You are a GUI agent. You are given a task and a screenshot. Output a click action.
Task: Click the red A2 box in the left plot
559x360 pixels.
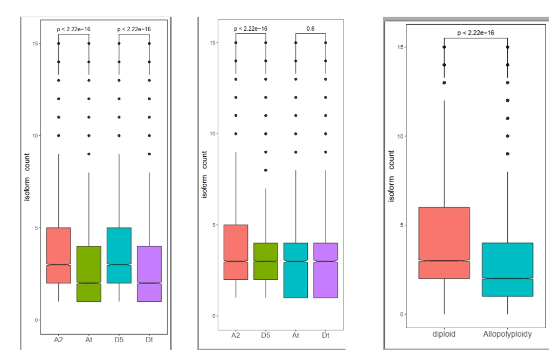click(x=59, y=255)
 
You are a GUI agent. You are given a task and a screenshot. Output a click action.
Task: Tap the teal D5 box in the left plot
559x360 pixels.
click(x=119, y=255)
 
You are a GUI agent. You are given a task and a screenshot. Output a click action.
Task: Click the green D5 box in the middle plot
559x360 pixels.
click(x=265, y=261)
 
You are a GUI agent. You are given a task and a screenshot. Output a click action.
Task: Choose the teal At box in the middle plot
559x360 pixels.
click(x=295, y=270)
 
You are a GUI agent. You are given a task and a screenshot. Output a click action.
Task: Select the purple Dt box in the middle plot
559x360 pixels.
click(x=326, y=270)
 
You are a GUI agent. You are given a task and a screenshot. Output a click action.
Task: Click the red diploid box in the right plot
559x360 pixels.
click(x=444, y=243)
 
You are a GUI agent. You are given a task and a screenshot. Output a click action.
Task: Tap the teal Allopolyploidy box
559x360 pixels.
click(x=508, y=269)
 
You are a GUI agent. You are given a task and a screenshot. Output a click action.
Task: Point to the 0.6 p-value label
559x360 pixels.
click(x=310, y=28)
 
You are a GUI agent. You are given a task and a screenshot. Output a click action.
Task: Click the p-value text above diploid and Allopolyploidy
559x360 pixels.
click(x=476, y=33)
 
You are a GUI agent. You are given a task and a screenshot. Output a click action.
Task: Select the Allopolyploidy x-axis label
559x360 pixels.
click(x=508, y=334)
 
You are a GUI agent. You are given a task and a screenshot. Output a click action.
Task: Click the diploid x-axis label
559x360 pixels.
click(x=444, y=334)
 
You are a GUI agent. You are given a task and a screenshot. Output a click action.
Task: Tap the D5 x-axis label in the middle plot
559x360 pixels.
click(x=265, y=336)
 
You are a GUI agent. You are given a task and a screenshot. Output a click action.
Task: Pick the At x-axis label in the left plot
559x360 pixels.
click(x=89, y=339)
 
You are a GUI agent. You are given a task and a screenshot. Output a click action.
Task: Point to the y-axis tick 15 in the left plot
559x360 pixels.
click(x=36, y=43)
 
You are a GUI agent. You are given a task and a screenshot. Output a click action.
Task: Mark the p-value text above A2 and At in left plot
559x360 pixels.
click(x=74, y=29)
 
